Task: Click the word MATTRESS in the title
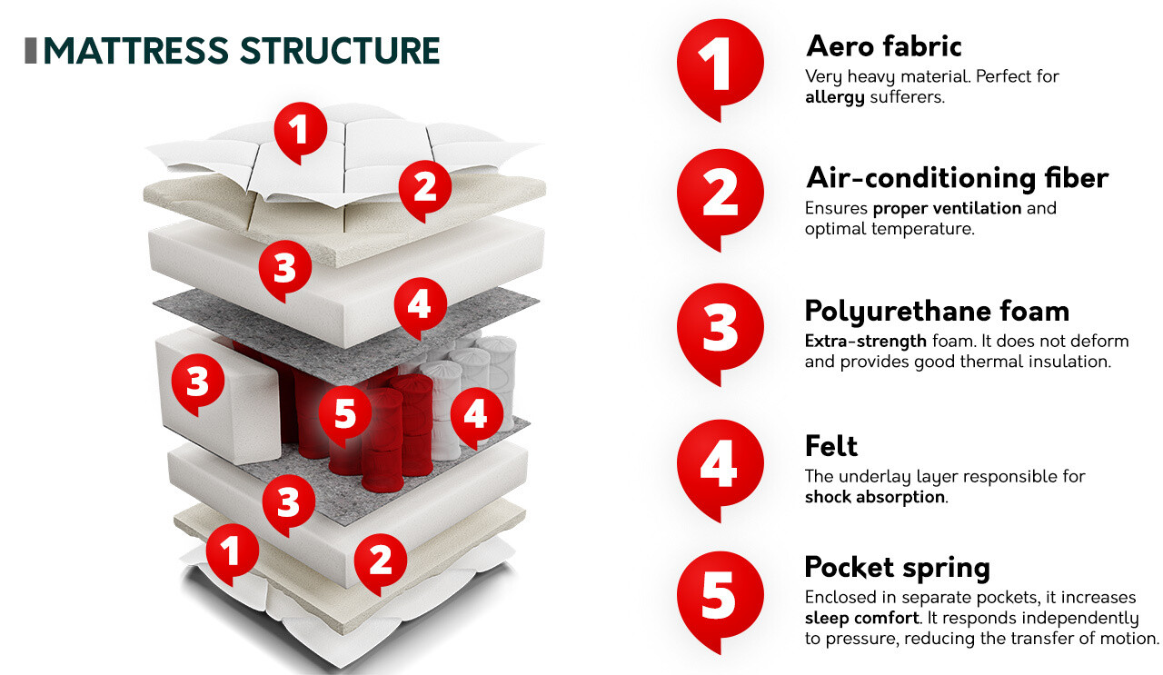coord(136,51)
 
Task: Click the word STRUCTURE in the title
coord(340,51)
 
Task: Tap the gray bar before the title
coord(31,51)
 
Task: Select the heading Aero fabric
coord(884,46)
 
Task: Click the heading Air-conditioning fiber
coord(957,178)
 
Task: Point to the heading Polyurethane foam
coord(937,313)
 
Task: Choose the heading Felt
coord(831,445)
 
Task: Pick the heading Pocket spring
coord(897,567)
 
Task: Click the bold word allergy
coord(835,97)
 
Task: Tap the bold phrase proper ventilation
coord(947,209)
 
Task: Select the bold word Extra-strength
coord(866,342)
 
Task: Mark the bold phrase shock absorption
coord(875,498)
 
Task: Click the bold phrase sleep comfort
coord(862,619)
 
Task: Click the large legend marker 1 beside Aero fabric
coord(721,68)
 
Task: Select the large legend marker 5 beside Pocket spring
coord(721,601)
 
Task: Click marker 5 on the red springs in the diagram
coord(345,414)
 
